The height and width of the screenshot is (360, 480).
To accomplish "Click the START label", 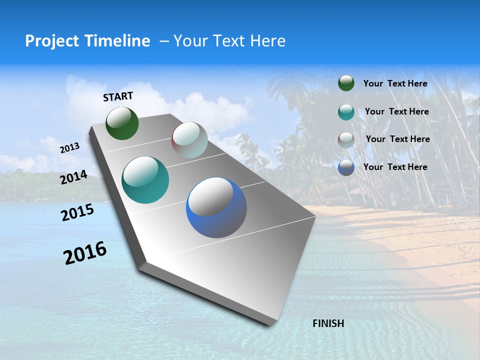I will [x=118, y=96].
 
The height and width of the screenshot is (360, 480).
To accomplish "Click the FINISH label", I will [x=328, y=323].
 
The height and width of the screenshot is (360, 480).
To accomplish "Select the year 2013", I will [x=69, y=148].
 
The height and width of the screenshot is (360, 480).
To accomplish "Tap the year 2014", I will [x=74, y=177].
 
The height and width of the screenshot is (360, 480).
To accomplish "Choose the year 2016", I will [x=85, y=253].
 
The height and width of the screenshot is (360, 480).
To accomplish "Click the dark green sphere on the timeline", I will [x=122, y=123].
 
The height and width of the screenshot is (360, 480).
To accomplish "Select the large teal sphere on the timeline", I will [x=145, y=180].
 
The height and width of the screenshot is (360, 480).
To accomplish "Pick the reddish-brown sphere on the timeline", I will [x=189, y=140].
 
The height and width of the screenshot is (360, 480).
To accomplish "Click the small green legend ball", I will [x=346, y=83].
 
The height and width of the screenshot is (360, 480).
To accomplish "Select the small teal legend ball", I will [x=346, y=112].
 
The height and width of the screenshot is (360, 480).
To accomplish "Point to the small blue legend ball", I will [x=346, y=167].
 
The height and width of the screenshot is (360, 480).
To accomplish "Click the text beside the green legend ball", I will [x=395, y=83].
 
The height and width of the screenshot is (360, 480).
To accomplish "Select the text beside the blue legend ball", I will [x=395, y=167].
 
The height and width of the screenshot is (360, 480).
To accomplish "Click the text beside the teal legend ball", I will [x=396, y=111].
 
